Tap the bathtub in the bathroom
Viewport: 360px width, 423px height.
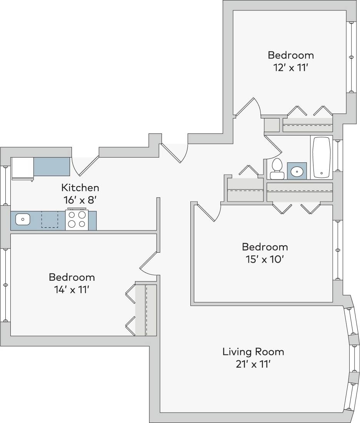tap(322, 158)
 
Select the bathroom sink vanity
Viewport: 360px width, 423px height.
tap(297, 171)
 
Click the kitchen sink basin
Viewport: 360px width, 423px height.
tap(23, 220)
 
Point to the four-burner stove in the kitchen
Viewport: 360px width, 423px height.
tap(77, 220)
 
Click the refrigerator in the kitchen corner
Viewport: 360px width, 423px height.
tap(23, 168)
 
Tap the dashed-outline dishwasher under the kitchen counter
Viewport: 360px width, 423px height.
tap(49, 219)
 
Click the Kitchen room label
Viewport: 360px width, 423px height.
tap(80, 188)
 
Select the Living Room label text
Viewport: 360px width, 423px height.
tap(253, 351)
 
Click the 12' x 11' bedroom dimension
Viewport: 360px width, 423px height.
tap(291, 68)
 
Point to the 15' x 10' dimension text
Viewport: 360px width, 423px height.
tap(265, 259)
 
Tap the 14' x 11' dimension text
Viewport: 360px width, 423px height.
tap(72, 290)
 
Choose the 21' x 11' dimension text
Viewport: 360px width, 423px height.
tap(253, 364)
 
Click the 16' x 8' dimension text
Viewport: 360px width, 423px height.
tap(80, 200)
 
